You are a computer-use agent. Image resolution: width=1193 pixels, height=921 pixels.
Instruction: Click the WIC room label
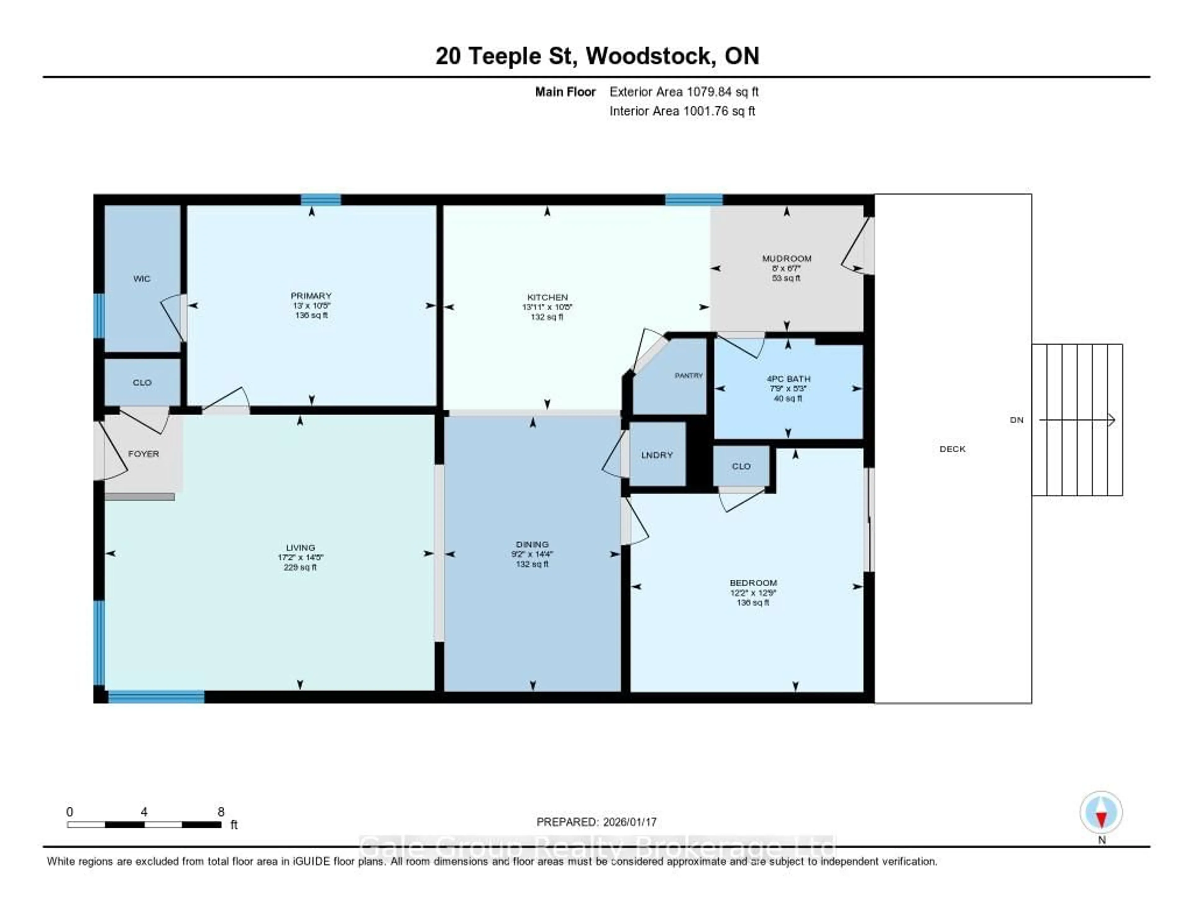click(x=141, y=279)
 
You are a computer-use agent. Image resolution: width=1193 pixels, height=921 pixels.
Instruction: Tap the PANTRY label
click(x=688, y=376)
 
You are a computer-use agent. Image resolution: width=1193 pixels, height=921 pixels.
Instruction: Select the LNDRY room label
click(x=656, y=455)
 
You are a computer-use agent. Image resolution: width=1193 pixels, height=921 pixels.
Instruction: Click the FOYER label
click(x=143, y=454)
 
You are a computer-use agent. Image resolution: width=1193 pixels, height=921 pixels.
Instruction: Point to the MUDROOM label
click(x=787, y=258)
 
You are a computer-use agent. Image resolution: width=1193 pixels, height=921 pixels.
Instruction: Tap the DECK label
click(x=952, y=449)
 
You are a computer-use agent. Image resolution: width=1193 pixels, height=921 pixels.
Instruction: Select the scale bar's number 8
click(x=221, y=812)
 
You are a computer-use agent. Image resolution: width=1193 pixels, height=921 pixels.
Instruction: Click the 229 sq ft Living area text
click(x=300, y=567)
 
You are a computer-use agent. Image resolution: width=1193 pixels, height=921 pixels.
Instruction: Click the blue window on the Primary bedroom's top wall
click(x=321, y=200)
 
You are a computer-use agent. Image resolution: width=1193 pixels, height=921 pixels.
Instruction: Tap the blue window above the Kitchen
click(x=694, y=200)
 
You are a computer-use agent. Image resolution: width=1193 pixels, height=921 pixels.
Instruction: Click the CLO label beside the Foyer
click(x=142, y=383)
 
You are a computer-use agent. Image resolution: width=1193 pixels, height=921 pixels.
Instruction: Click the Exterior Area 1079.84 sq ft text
click(x=684, y=92)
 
